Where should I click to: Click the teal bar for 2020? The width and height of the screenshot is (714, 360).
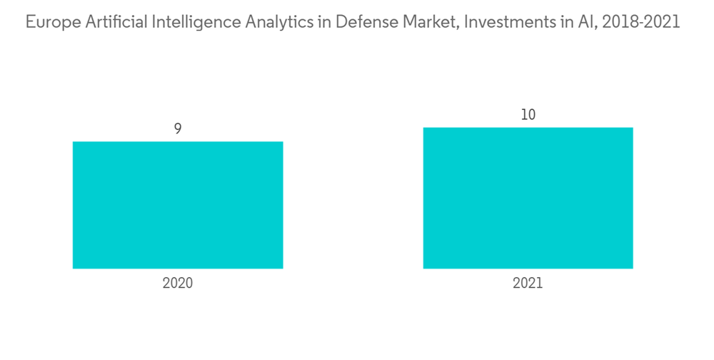pyautogui.click(x=178, y=205)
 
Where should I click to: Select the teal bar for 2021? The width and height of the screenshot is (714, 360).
pyautogui.click(x=528, y=198)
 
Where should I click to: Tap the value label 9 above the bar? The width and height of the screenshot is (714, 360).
pyautogui.click(x=178, y=129)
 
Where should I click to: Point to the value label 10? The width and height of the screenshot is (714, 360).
pyautogui.click(x=528, y=114)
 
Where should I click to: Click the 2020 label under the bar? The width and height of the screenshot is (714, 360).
pyautogui.click(x=178, y=283)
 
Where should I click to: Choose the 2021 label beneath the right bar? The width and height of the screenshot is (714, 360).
pyautogui.click(x=528, y=283)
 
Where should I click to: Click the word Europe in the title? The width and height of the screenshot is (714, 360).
pyautogui.click(x=48, y=23)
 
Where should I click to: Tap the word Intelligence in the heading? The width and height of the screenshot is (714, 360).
pyautogui.click(x=188, y=23)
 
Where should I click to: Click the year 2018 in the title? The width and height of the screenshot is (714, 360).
pyautogui.click(x=619, y=23)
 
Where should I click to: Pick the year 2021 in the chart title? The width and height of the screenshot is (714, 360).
pyautogui.click(x=663, y=23)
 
